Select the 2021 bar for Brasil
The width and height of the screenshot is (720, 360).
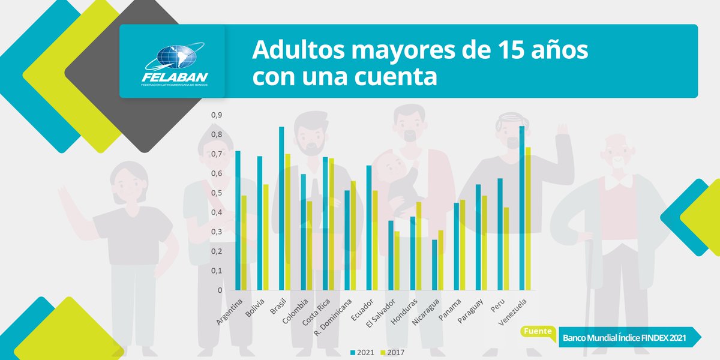click(281, 208)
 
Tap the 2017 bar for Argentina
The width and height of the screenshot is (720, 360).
click(244, 242)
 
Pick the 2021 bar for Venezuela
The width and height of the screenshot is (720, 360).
click(522, 208)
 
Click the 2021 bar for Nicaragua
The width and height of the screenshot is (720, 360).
click(434, 265)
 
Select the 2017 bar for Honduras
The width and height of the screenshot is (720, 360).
click(418, 246)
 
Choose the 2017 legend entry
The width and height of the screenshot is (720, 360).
click(394, 352)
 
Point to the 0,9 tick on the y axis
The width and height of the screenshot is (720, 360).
click(216, 115)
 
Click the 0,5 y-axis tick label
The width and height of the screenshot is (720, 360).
click(216, 193)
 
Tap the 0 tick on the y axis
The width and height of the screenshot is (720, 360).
click(220, 290)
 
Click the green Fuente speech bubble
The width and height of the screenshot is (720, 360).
click(538, 331)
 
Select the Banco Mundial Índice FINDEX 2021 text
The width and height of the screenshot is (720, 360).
click(623, 338)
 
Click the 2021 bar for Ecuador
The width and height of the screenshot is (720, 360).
click(369, 227)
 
